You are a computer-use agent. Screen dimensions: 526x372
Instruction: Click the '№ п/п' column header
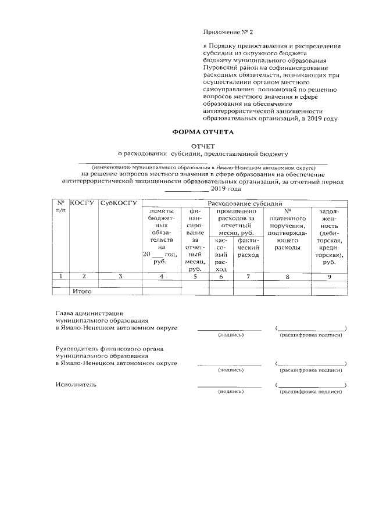click(60, 206)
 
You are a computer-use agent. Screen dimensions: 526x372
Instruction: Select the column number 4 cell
click(162, 277)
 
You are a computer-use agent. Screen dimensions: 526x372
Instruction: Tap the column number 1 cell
click(60, 277)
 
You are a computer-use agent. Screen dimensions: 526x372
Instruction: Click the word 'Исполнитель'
click(76, 385)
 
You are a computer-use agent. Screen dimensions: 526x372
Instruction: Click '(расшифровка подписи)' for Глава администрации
click(310, 335)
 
